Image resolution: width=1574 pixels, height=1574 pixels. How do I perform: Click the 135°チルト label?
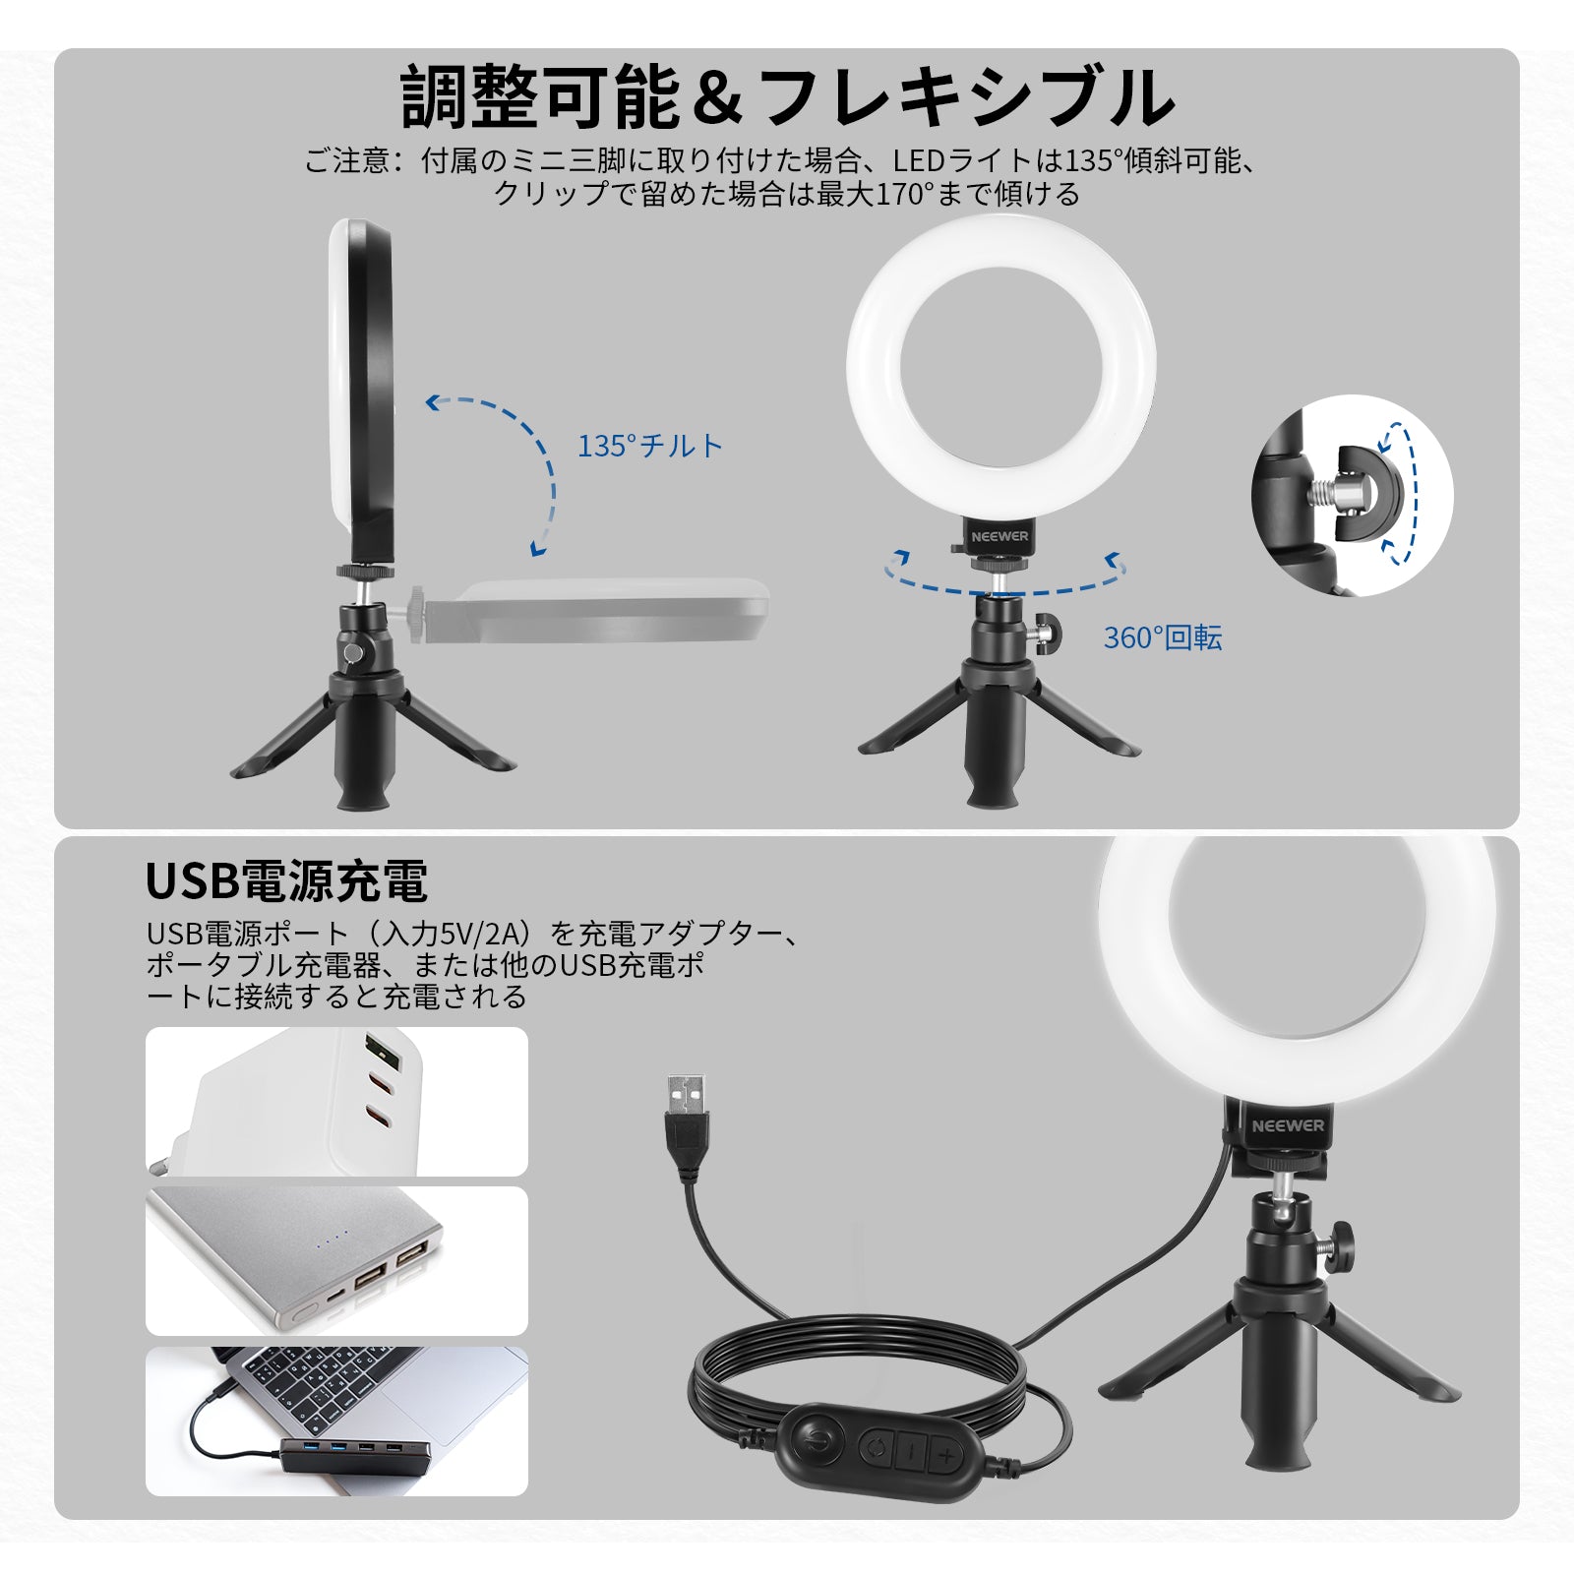pyautogui.click(x=649, y=446)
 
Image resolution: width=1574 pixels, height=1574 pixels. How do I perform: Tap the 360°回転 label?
pyautogui.click(x=1162, y=637)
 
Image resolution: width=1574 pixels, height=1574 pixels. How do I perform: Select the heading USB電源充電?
pyautogui.click(x=286, y=880)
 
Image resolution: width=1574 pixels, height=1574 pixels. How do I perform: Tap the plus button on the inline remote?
pyautogui.click(x=945, y=1454)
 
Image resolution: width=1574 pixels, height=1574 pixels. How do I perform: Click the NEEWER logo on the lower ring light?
pyautogui.click(x=1288, y=1125)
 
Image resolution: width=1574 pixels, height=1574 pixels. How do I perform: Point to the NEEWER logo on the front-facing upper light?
pyautogui.click(x=999, y=536)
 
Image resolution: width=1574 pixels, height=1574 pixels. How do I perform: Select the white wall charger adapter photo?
pyautogui.click(x=336, y=1101)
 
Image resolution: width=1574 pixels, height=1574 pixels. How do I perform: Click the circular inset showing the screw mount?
pyautogui.click(x=1352, y=495)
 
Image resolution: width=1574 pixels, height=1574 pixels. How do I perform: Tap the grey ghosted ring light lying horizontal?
pyautogui.click(x=610, y=610)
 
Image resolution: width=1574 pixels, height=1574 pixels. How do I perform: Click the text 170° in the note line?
pyautogui.click(x=903, y=194)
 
